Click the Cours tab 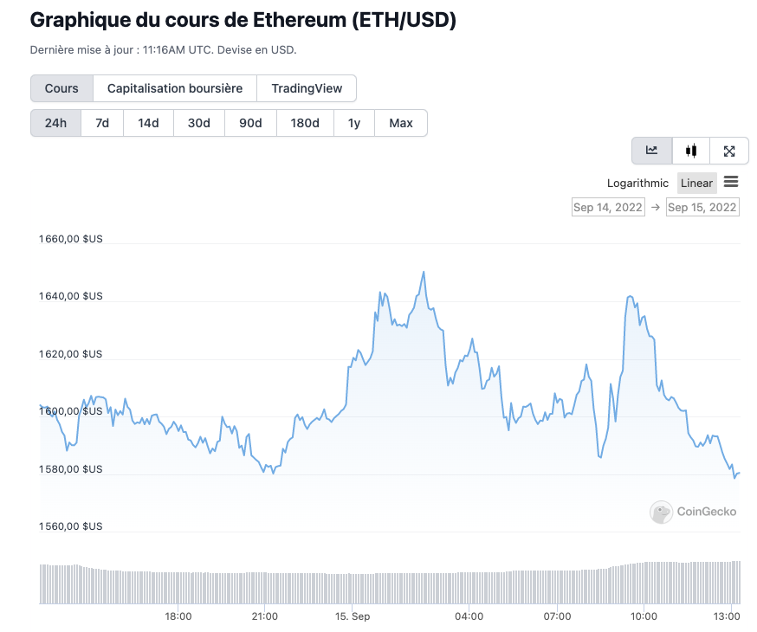pyautogui.click(x=61, y=88)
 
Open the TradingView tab pyautogui.click(x=307, y=88)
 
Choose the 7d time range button pyautogui.click(x=102, y=123)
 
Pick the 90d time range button pyautogui.click(x=250, y=123)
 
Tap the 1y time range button pyautogui.click(x=354, y=123)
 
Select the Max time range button pyautogui.click(x=401, y=123)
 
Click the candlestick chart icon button pyautogui.click(x=690, y=151)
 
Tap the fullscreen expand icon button pyautogui.click(x=729, y=151)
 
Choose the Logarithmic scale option pyautogui.click(x=637, y=183)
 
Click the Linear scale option pyautogui.click(x=696, y=183)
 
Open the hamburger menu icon pyautogui.click(x=731, y=182)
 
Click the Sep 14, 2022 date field pyautogui.click(x=608, y=208)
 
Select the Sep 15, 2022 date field pyautogui.click(x=702, y=208)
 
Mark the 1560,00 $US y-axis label pyautogui.click(x=71, y=526)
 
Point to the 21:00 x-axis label pyautogui.click(x=264, y=616)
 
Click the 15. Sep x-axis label pyautogui.click(x=353, y=616)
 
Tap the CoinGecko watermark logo pyautogui.click(x=694, y=512)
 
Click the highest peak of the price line pyautogui.click(x=424, y=272)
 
